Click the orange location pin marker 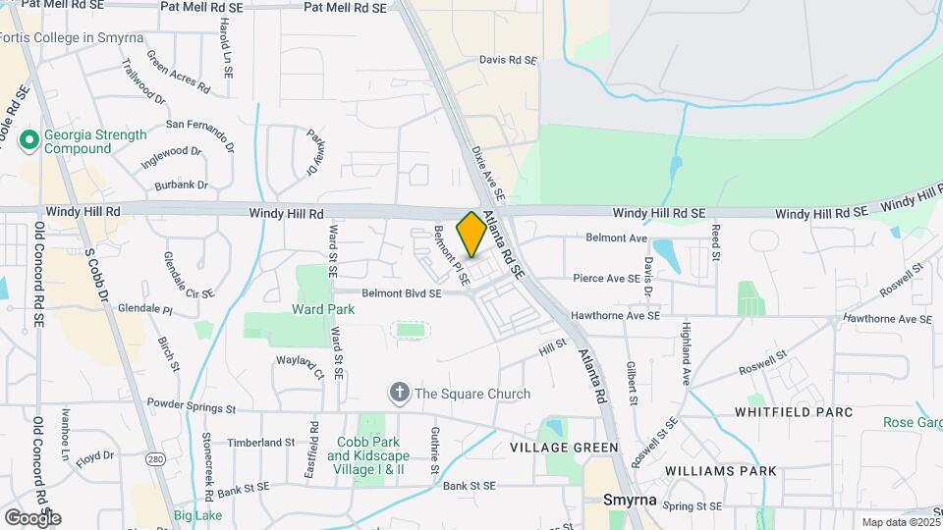[x=471, y=235]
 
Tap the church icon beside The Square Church [x=400, y=394]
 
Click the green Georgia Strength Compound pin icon [x=29, y=140]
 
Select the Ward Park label [x=323, y=309]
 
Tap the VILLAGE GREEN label [x=564, y=448]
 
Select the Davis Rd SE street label [x=508, y=60]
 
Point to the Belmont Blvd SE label [x=402, y=292]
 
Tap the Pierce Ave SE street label [x=606, y=279]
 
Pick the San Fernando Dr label [x=201, y=125]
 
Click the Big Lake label [x=197, y=515]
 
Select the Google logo [x=32, y=517]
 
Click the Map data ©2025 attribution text [x=899, y=522]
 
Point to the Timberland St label [x=261, y=443]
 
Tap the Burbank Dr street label [x=182, y=185]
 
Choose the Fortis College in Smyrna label [x=73, y=38]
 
